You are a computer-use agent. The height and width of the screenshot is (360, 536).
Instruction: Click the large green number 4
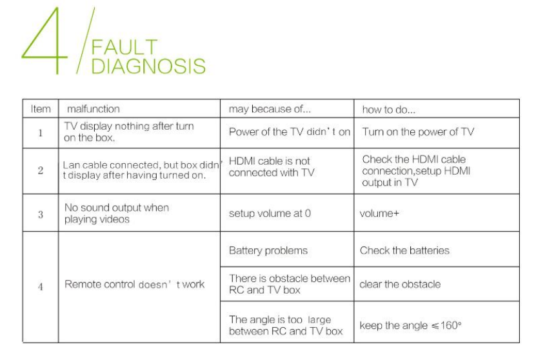click(45, 40)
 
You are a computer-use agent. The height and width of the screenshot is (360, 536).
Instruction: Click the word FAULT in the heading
click(123, 48)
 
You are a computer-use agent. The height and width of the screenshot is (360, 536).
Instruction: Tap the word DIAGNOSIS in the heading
click(148, 66)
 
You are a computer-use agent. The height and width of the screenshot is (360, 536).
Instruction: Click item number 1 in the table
click(40, 132)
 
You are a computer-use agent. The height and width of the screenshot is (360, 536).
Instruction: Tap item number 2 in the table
click(40, 171)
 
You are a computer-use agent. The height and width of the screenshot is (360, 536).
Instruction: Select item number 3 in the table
click(40, 214)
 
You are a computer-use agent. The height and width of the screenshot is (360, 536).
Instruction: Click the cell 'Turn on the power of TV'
click(417, 132)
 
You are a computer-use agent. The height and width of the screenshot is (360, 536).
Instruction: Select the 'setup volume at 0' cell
click(270, 214)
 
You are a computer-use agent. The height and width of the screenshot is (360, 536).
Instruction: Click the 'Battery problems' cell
click(268, 250)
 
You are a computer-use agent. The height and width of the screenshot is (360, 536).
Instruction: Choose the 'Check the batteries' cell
click(404, 250)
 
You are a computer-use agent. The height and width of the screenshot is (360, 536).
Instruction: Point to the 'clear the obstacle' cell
click(401, 285)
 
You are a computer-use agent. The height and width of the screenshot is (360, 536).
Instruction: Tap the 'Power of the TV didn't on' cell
click(290, 132)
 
